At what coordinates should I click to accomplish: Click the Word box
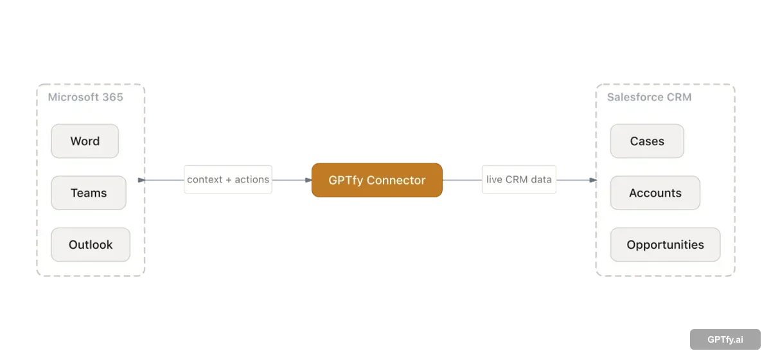(x=85, y=141)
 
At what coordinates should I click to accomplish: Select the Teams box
(x=89, y=193)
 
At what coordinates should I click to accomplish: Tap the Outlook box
(x=91, y=245)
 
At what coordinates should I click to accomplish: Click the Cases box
(x=647, y=141)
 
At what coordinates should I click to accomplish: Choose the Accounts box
(x=655, y=193)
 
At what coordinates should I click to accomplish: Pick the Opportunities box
(x=665, y=245)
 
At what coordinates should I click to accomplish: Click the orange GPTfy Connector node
(x=377, y=180)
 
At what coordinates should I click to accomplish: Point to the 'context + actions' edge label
(x=227, y=180)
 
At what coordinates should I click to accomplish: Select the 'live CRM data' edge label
(x=518, y=180)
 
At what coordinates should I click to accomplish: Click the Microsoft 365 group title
(x=85, y=98)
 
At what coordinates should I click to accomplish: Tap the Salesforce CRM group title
(x=649, y=98)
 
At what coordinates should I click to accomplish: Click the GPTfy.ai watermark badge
(x=725, y=339)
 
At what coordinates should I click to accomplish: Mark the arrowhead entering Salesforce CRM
(x=593, y=180)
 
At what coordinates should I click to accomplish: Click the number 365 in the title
(x=112, y=98)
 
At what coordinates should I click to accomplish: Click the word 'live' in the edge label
(x=494, y=180)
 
